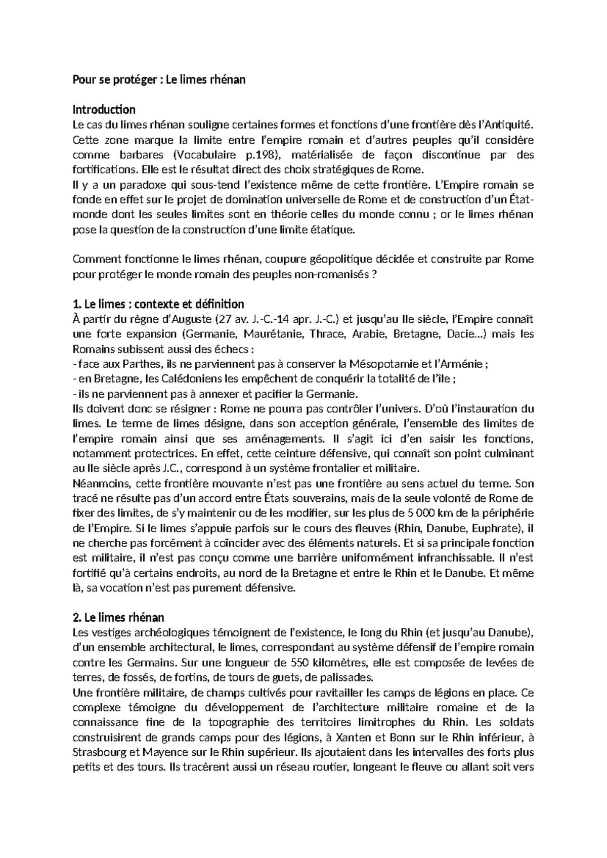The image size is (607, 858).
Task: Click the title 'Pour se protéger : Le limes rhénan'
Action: [x=159, y=80]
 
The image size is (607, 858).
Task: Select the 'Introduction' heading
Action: [x=104, y=110]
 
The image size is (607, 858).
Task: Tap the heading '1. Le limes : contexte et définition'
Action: [x=158, y=304]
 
